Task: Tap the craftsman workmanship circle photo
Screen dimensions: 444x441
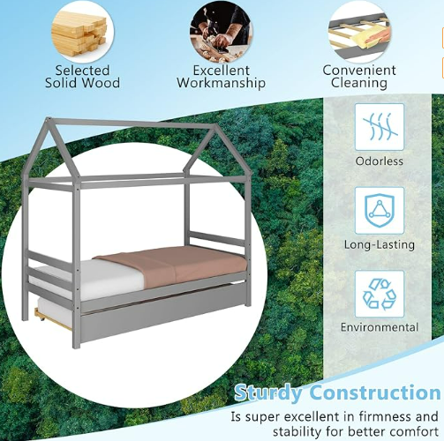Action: (221, 34)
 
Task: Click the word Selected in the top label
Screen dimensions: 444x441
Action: (82, 71)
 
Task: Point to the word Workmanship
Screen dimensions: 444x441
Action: (221, 83)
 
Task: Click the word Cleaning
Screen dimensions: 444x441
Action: (359, 83)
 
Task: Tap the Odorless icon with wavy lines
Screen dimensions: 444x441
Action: (380, 127)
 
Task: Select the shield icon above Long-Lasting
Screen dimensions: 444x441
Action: (380, 211)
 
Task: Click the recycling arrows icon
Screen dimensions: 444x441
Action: (380, 295)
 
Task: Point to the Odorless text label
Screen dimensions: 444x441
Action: (380, 161)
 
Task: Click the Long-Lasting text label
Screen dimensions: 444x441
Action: (380, 244)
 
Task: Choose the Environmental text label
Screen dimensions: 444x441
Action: (380, 327)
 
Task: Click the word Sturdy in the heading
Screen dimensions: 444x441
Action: (268, 392)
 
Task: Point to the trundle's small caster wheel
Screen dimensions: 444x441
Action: (41, 317)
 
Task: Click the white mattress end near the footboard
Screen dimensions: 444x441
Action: (88, 280)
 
